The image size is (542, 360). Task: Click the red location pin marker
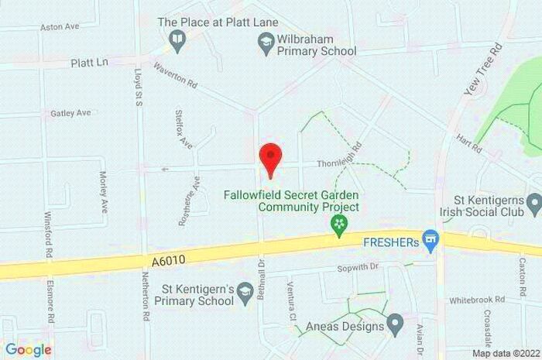[269, 159]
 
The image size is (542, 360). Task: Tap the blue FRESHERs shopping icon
[431, 241]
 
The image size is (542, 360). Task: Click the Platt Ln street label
[87, 62]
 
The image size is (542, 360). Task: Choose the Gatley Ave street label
[70, 113]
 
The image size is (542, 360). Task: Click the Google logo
[29, 349]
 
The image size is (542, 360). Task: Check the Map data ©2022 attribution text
[505, 353]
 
